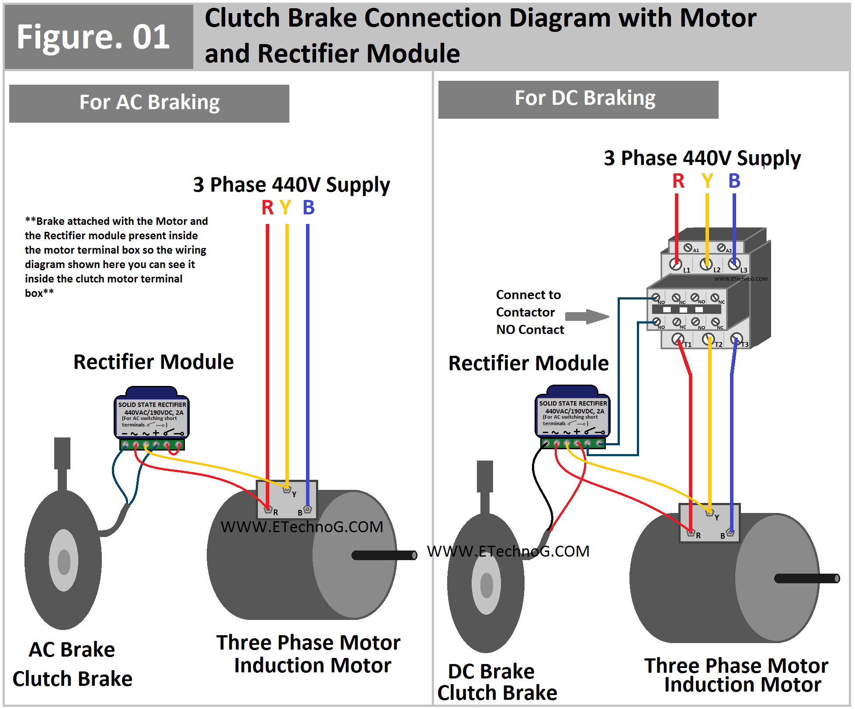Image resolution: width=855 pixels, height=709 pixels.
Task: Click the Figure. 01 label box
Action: click(98, 37)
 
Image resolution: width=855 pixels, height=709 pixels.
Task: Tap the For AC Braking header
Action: click(149, 103)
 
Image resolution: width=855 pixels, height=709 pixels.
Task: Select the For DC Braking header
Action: click(578, 99)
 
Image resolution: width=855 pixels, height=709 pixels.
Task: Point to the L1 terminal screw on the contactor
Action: click(676, 265)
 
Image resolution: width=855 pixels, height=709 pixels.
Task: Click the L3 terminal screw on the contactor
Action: click(734, 264)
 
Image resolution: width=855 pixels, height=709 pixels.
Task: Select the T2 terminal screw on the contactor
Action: click(708, 339)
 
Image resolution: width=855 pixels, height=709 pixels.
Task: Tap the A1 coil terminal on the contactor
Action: click(688, 248)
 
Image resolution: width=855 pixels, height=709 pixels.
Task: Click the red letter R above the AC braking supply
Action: click(267, 207)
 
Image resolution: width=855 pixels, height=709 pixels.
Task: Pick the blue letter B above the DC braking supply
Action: click(734, 181)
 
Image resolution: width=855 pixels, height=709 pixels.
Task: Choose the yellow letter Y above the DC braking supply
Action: click(707, 181)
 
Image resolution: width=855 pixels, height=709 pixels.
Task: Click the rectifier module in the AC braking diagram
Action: click(151, 417)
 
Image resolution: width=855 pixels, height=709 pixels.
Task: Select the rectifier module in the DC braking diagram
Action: click(572, 416)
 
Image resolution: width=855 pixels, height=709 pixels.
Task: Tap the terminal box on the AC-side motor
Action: click(287, 499)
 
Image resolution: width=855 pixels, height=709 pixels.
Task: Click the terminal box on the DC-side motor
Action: click(709, 523)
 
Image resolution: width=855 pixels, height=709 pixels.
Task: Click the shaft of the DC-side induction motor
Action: click(807, 578)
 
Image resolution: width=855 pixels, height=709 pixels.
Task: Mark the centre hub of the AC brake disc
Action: click(64, 561)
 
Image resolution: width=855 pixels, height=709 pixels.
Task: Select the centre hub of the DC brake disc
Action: click(486, 585)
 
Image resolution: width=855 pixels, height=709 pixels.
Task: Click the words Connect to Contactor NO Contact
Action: click(530, 312)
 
